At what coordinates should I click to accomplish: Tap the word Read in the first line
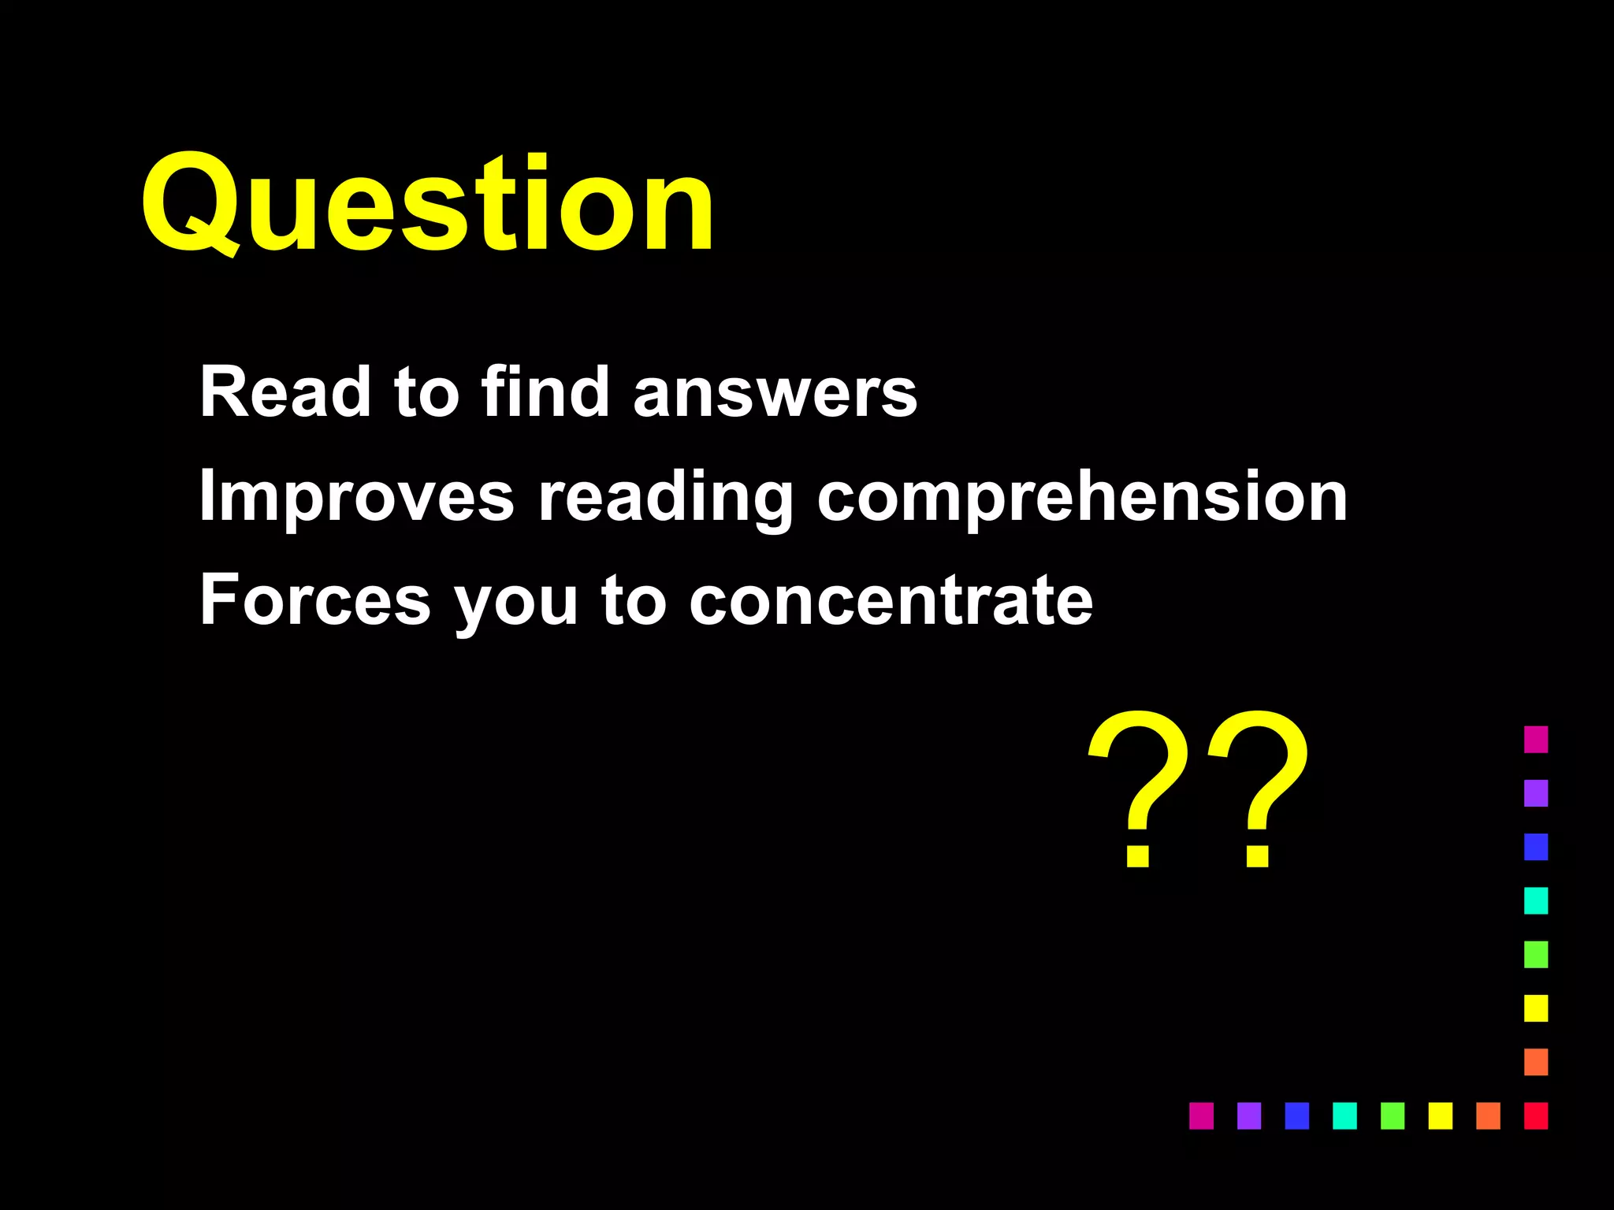(284, 392)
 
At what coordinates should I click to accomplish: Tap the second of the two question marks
(1259, 788)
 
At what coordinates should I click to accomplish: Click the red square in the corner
(1536, 1115)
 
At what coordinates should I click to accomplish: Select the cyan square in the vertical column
(1536, 900)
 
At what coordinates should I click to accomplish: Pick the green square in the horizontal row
(1393, 1115)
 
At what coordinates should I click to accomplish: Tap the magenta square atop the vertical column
(1536, 739)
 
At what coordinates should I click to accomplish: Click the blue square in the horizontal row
(1296, 1115)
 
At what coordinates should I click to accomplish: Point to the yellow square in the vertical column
(1536, 1008)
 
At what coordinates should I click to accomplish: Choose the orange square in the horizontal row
(1488, 1115)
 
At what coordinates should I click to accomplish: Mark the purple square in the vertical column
(1536, 792)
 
